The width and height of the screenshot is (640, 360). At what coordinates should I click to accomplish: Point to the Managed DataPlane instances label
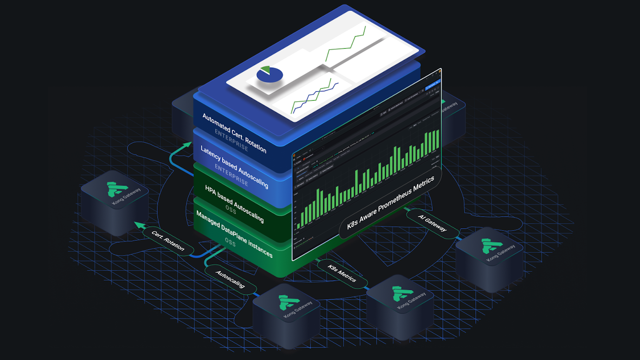(x=234, y=234)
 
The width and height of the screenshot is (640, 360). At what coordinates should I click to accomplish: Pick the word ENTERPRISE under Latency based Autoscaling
(x=231, y=174)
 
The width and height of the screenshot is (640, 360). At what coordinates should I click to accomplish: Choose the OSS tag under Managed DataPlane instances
(x=230, y=242)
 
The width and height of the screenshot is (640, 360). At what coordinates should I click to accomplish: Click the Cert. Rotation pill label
(x=168, y=240)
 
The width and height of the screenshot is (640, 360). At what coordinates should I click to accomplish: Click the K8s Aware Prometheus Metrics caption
(x=391, y=203)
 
